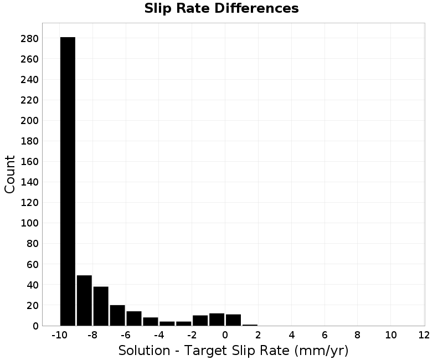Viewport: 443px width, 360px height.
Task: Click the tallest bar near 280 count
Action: (68, 181)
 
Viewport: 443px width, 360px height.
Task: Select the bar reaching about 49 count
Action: (84, 300)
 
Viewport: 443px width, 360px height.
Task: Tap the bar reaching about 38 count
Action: (101, 306)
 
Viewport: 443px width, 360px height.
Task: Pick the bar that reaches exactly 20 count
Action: (117, 315)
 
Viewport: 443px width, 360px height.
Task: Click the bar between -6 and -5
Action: (134, 318)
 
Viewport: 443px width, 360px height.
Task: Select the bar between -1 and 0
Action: (217, 320)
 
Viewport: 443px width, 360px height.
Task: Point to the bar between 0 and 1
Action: (233, 320)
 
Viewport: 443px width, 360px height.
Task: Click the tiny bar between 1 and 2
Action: (250, 325)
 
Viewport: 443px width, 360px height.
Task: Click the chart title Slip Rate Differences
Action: (221, 8)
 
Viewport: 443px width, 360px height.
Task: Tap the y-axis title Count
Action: (9, 174)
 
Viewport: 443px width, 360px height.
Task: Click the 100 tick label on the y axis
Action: (29, 223)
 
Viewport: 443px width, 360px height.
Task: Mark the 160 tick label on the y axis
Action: (29, 162)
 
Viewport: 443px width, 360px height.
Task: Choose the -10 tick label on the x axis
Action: (60, 335)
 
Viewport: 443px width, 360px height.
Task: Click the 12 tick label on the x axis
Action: (424, 335)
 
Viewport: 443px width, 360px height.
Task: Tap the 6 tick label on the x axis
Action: (324, 335)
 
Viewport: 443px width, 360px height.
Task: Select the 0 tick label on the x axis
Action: (225, 335)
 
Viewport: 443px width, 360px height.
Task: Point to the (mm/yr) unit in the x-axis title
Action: (321, 351)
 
